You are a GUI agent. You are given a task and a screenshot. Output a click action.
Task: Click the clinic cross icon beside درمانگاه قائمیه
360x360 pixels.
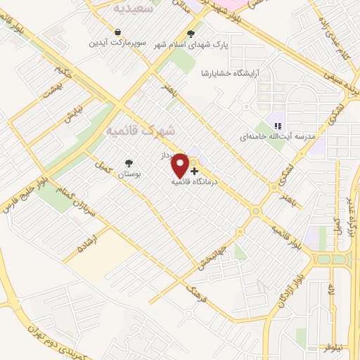[194, 171]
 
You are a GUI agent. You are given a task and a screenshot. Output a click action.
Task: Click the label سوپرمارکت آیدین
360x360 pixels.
[117, 43]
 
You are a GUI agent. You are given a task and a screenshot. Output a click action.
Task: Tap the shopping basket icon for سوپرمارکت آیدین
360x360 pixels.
[118, 32]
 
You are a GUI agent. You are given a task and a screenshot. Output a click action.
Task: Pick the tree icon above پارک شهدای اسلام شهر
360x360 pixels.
[191, 33]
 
